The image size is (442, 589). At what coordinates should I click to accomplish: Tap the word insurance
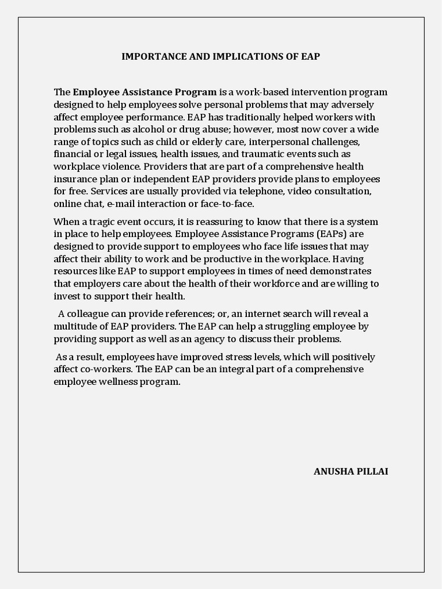pyautogui.click(x=75, y=179)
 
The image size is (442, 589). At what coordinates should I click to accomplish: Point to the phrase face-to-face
pyautogui.click(x=227, y=204)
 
